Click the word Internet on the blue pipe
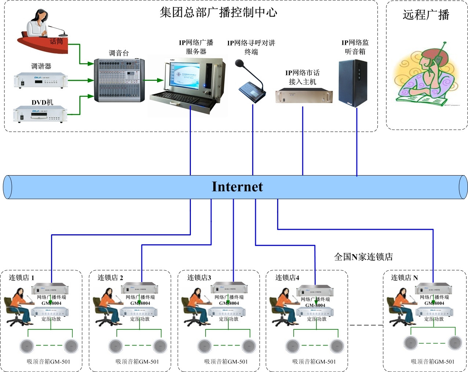[x=237, y=187]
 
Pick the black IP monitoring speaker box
[x=353, y=83]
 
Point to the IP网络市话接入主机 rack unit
[x=304, y=95]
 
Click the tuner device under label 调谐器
[x=41, y=80]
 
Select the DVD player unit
[x=40, y=114]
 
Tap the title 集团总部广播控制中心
[x=218, y=12]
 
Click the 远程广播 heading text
[x=426, y=15]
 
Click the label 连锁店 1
[x=22, y=278]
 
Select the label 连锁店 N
[x=404, y=278]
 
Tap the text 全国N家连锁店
[x=363, y=257]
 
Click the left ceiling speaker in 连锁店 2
[x=116, y=346]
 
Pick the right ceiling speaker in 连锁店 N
[x=455, y=343]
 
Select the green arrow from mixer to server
[x=153, y=80]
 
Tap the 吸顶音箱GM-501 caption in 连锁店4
[x=314, y=362]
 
